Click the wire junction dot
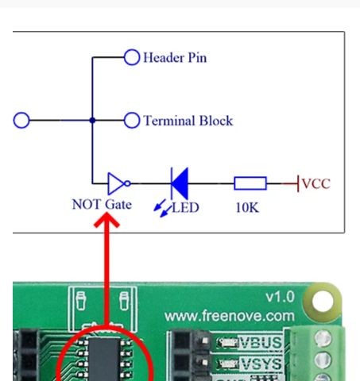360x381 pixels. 92,120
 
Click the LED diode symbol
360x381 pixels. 180,183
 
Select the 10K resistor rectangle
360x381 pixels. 250,183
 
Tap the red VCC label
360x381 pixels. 316,183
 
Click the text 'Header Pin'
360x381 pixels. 175,58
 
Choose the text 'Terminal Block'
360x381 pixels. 188,121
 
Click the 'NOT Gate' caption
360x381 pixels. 102,205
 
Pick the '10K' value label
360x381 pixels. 247,207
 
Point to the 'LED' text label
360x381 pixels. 185,207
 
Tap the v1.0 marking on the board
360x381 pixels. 281,297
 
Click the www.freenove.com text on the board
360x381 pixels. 230,316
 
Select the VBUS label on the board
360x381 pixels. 261,343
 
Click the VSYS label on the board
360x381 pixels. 261,364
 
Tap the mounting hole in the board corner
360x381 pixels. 323,301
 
